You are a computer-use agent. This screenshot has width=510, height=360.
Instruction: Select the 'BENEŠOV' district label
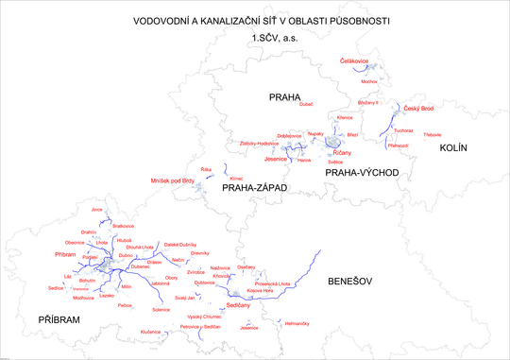pyautogui.click(x=349, y=282)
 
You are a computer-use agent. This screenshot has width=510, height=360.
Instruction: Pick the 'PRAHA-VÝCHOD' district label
pyautogui.click(x=363, y=173)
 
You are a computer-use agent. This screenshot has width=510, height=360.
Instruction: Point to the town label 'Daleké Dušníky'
pyautogui.click(x=180, y=245)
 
